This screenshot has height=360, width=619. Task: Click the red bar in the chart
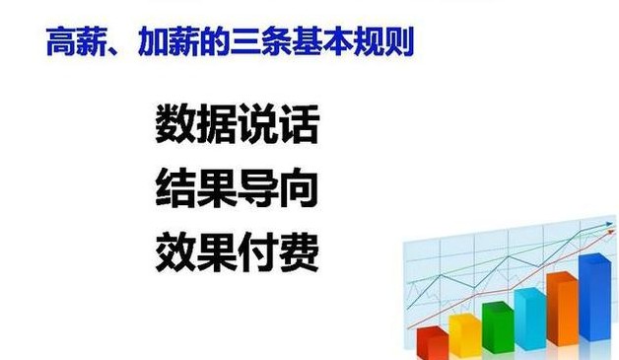point(432,342)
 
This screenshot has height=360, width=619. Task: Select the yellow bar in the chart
point(463,334)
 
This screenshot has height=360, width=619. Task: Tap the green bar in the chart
point(497,326)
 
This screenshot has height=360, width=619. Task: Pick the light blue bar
point(529,317)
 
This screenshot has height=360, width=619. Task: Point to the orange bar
point(562,307)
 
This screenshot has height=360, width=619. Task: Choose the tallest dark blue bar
point(594,297)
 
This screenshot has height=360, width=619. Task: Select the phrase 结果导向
point(237,187)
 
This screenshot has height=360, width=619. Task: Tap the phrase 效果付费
point(237,252)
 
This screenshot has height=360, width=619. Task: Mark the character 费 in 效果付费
point(299,252)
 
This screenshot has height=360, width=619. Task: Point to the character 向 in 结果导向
point(299,187)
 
